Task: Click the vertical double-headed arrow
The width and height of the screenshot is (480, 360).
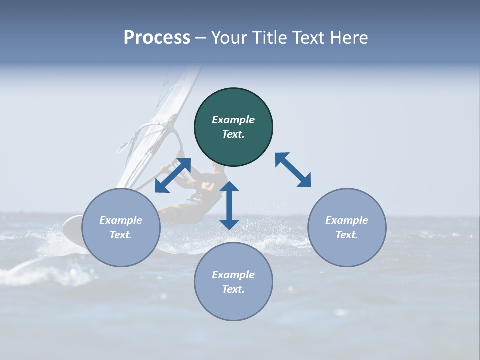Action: click(229, 205)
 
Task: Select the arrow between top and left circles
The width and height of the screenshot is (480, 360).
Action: click(173, 175)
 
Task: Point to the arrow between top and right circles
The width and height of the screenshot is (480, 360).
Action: click(293, 170)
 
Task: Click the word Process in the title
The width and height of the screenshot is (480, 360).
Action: click(157, 37)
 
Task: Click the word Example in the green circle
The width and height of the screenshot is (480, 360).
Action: click(233, 120)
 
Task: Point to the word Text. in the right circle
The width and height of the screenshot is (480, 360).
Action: click(347, 235)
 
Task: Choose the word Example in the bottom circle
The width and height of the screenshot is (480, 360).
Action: click(233, 275)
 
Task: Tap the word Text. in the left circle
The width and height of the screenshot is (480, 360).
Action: click(121, 235)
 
